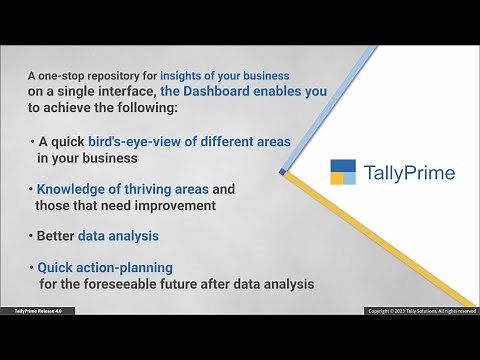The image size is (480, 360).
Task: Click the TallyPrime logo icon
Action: coord(343,173)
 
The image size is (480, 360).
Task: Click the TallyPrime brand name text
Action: coord(408,173)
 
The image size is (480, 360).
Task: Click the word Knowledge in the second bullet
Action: coord(72,189)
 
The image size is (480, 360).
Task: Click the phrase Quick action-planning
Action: coord(105,268)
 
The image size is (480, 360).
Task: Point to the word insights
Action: coord(189,76)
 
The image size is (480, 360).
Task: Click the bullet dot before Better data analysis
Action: coord(31,237)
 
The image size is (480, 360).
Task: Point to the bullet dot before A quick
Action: coord(31,142)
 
